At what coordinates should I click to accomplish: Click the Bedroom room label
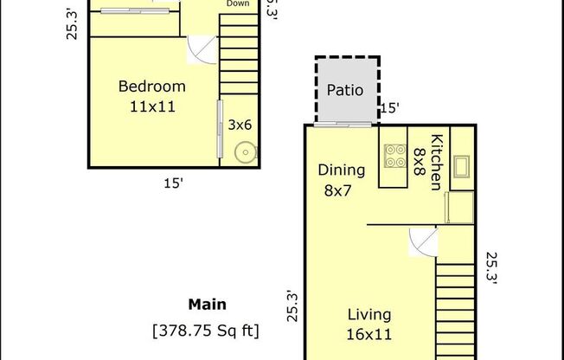point(152,87)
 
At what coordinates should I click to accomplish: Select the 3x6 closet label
point(240,125)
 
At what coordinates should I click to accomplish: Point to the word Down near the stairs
point(239,4)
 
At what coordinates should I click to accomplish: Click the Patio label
point(345,89)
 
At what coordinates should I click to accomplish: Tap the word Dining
point(341,170)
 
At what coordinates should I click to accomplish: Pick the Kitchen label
point(437,161)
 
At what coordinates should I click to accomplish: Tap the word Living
point(370,315)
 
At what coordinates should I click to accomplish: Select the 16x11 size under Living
point(370,334)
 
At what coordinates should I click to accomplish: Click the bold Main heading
point(207,305)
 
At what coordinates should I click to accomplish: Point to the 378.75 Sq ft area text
point(207,330)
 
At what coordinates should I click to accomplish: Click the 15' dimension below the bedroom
point(173,183)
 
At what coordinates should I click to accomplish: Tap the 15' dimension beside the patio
point(390,109)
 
